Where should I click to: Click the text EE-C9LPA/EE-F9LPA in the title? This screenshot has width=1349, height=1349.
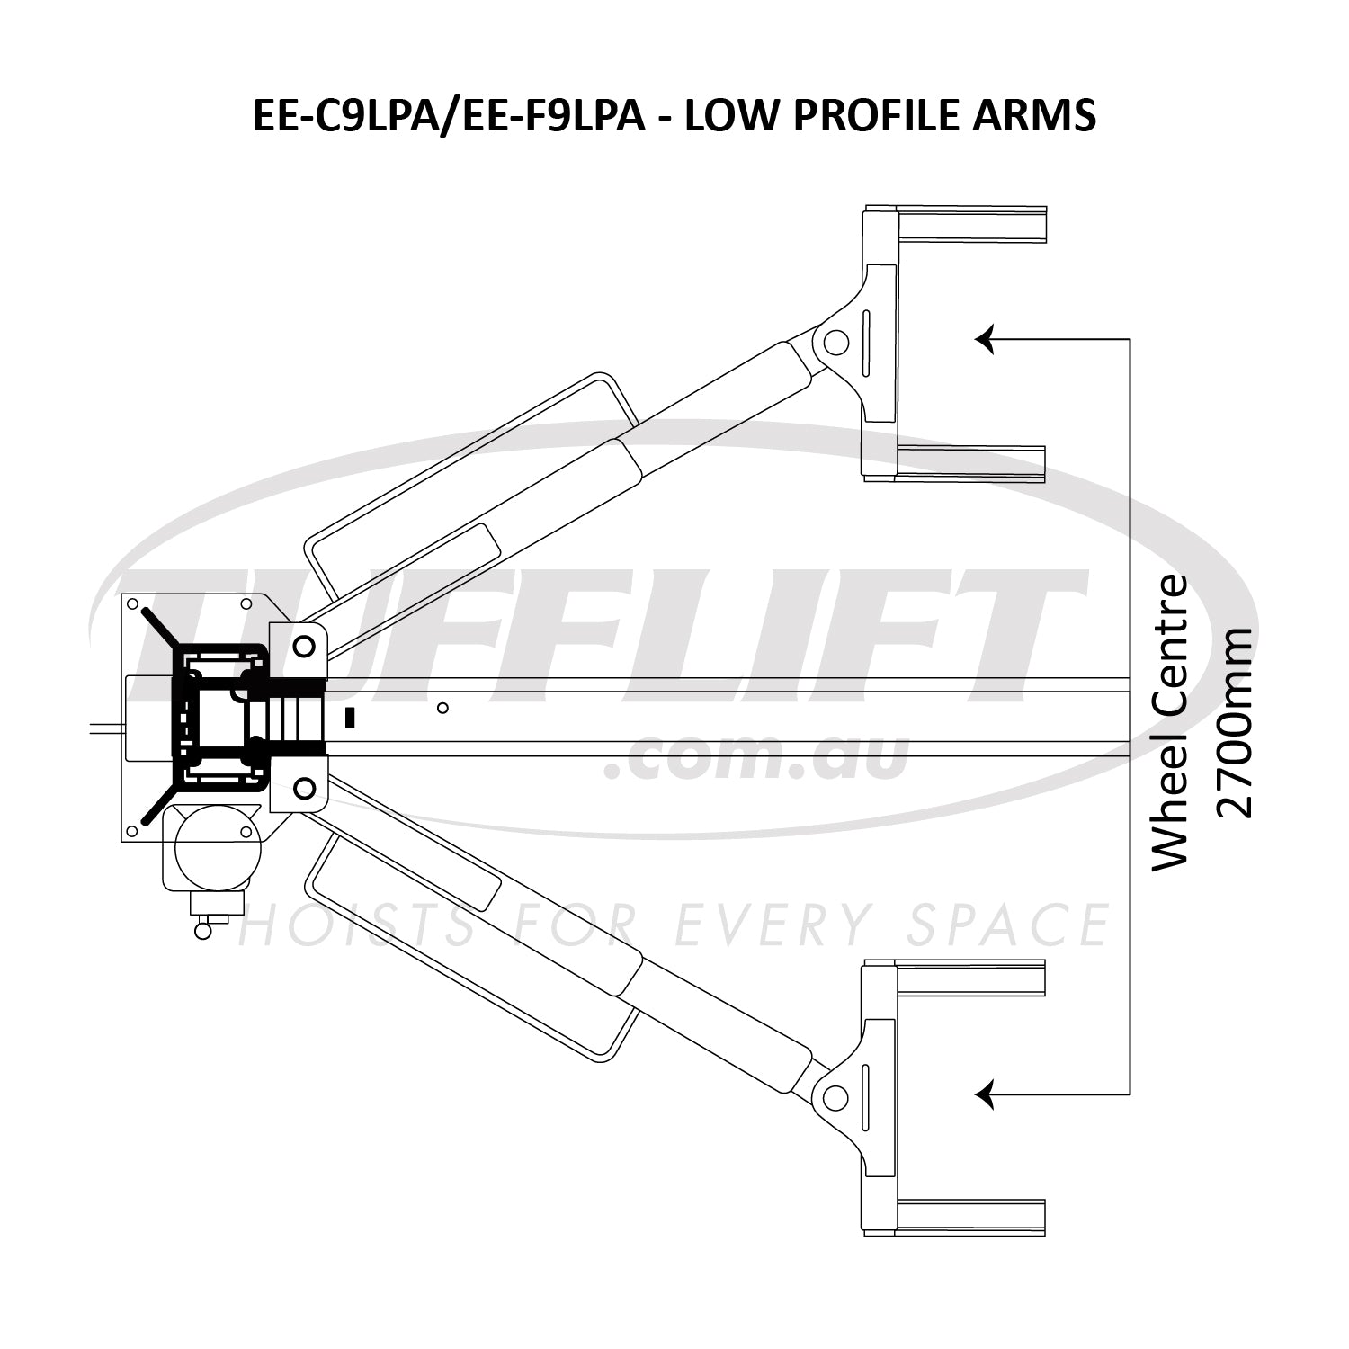point(449,116)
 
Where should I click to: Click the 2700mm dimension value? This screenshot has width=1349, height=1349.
point(1234,722)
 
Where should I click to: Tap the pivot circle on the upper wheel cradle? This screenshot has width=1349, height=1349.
point(834,342)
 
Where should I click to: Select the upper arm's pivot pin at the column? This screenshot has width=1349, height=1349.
point(303,645)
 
